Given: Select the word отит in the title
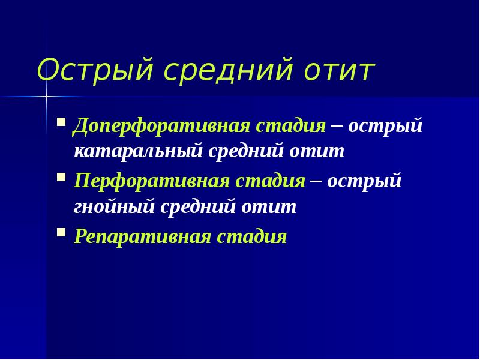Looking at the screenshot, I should point(339,71).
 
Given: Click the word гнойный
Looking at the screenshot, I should point(113,206).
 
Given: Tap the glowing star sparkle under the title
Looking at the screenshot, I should point(46,97).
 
